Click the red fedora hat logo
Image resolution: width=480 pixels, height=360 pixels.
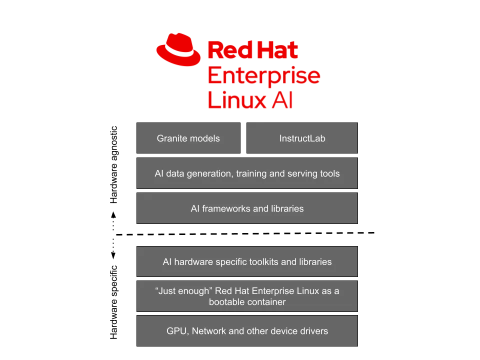click(x=178, y=49)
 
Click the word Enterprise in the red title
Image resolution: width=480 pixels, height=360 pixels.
click(x=264, y=75)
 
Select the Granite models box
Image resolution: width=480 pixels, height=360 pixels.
click(x=188, y=138)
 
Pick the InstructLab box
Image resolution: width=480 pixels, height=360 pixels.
click(x=302, y=138)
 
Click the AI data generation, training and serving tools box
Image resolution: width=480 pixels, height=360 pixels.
click(x=247, y=173)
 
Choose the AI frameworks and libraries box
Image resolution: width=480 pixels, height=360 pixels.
click(x=247, y=208)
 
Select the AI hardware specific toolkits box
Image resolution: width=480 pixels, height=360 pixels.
click(x=247, y=261)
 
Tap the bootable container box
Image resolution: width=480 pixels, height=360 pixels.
click(x=247, y=296)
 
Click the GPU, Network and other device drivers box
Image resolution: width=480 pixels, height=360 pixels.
click(x=247, y=331)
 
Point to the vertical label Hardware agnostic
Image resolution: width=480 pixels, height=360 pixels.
click(x=113, y=164)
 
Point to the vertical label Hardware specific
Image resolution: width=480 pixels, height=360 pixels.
click(x=113, y=302)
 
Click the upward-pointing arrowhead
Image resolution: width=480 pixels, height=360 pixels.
click(x=113, y=214)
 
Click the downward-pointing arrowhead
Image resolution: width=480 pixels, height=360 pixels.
click(x=113, y=255)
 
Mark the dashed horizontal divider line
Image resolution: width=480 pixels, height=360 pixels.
click(x=245, y=234)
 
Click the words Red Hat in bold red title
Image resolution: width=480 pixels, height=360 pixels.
click(x=253, y=50)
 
